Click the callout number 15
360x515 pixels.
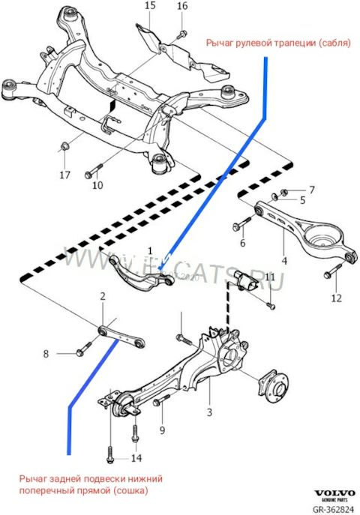(x=150, y=6)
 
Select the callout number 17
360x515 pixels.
(x=64, y=175)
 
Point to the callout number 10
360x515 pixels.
(x=98, y=184)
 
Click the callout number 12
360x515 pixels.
(x=336, y=298)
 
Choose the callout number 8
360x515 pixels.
(x=46, y=353)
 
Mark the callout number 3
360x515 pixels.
(x=209, y=412)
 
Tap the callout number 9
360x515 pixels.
(x=162, y=431)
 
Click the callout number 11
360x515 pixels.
(x=270, y=277)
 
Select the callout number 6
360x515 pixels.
(x=242, y=243)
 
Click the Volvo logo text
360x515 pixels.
(x=331, y=496)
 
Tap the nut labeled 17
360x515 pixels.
(x=64, y=143)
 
